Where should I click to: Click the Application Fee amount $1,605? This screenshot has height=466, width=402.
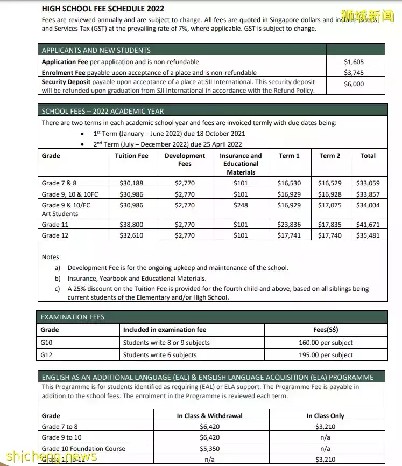pos(354,62)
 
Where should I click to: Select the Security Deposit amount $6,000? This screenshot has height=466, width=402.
pos(354,84)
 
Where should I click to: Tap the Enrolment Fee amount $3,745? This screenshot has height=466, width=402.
pos(354,73)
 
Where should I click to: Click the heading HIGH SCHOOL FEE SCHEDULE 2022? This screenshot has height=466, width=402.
pos(103,9)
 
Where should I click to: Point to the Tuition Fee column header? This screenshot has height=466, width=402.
pos(131,156)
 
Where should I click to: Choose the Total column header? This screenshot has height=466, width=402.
pos(368,156)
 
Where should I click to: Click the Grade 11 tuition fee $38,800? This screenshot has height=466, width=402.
pos(131,225)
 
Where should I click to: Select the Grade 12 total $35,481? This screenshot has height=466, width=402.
pos(368,235)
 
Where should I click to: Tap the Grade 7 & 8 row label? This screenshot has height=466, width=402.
pos(59,183)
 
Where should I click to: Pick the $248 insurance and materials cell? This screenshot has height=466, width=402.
pos(241,205)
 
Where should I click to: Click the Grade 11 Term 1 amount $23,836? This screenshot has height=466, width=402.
pos(289,225)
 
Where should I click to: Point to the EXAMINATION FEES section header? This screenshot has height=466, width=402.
pos(73,317)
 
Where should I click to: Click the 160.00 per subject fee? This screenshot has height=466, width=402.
pos(326,343)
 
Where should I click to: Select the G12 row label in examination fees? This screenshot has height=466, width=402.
pos(47,355)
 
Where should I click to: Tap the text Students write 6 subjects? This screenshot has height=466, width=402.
pos(160,355)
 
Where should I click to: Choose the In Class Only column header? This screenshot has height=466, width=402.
pos(325,416)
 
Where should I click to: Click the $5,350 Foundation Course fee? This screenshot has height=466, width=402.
pos(209,449)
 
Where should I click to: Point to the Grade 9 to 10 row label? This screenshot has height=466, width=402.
pos(62,437)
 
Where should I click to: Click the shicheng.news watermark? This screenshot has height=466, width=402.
pos(48,457)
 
